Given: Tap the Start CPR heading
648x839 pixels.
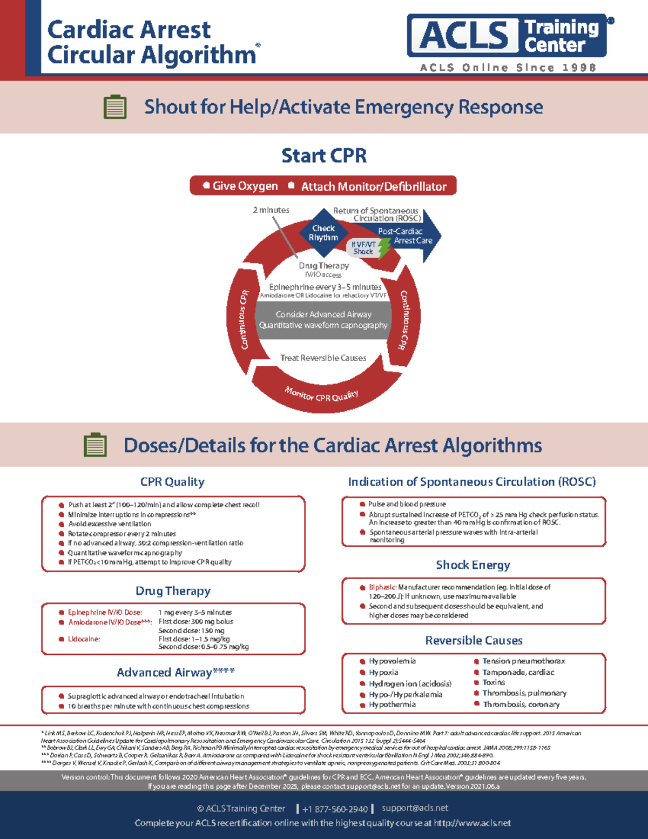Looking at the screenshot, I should click(x=324, y=156).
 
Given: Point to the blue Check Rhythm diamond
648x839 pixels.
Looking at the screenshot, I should click(x=323, y=233).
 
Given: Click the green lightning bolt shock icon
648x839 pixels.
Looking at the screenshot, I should click(x=384, y=248).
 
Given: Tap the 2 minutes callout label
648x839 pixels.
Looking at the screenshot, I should click(x=271, y=210).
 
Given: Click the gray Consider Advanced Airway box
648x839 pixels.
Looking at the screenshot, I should click(x=323, y=320).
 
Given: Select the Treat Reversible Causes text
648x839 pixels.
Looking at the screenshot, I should click(x=323, y=358).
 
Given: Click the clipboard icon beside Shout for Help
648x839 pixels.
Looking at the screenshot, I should click(x=115, y=107).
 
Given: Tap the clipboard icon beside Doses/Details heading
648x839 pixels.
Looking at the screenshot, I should click(x=96, y=445).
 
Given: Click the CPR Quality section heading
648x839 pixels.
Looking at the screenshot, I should click(x=172, y=482).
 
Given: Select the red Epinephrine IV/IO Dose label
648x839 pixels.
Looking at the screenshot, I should click(x=105, y=612).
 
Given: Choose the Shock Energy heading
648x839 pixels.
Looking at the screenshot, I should click(x=473, y=565).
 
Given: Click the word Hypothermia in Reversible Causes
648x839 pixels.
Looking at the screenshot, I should click(x=392, y=704).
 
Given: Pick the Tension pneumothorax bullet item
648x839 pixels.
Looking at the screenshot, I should click(x=523, y=661).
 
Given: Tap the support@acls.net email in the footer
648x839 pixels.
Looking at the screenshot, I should click(x=415, y=808).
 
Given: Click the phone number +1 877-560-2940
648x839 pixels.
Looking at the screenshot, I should click(x=335, y=809).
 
